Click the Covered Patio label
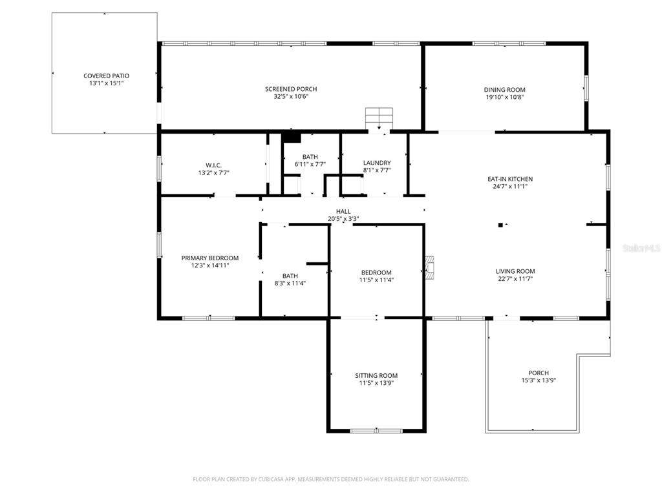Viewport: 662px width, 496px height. point(107,76)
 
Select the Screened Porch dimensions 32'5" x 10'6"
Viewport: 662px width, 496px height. point(292,97)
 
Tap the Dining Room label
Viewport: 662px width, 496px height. point(504,89)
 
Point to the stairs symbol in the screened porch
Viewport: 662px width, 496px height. point(379,119)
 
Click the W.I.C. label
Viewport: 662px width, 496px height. point(213,165)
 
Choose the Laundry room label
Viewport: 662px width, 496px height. point(377,163)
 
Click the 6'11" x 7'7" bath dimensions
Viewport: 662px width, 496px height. point(310,165)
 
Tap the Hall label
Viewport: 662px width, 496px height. point(343,211)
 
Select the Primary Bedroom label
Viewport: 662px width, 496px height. point(210,258)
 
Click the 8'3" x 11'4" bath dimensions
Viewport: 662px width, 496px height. point(290,284)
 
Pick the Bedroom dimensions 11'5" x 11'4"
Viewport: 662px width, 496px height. point(376,280)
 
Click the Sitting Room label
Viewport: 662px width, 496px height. point(376,375)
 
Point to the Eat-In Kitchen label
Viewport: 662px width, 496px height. point(510,179)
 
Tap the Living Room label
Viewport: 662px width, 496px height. point(515,271)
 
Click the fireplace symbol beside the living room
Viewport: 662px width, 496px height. point(429,268)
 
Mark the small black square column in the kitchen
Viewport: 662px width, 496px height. point(500,225)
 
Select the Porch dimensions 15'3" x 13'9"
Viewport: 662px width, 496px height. point(539,380)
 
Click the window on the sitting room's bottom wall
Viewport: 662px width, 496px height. point(376,431)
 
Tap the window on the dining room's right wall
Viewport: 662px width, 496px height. point(586,88)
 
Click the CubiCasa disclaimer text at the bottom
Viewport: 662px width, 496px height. point(330,479)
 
